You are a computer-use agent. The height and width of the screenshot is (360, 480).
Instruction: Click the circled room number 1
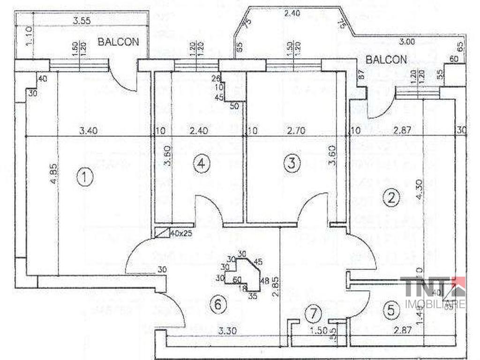pyautogui.click(x=84, y=177)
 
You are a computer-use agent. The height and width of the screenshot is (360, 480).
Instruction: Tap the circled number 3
pyautogui.click(x=292, y=164)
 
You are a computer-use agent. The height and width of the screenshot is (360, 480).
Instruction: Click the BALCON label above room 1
pyautogui.click(x=118, y=42)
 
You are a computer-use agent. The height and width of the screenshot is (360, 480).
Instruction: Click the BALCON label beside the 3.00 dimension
pyautogui.click(x=386, y=60)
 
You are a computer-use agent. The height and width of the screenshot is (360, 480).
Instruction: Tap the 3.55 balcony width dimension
pyautogui.click(x=82, y=20)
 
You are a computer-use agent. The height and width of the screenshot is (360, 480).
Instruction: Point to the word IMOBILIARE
pyautogui.click(x=435, y=304)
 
